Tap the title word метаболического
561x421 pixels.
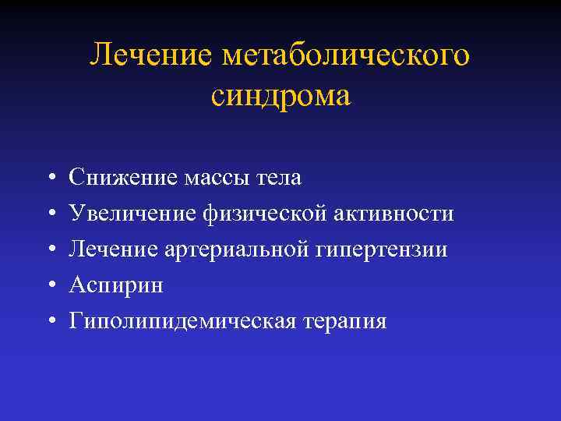point(346,56)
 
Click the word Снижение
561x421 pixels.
point(123,178)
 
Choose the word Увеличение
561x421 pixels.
point(133,214)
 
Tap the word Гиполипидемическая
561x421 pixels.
point(182,321)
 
